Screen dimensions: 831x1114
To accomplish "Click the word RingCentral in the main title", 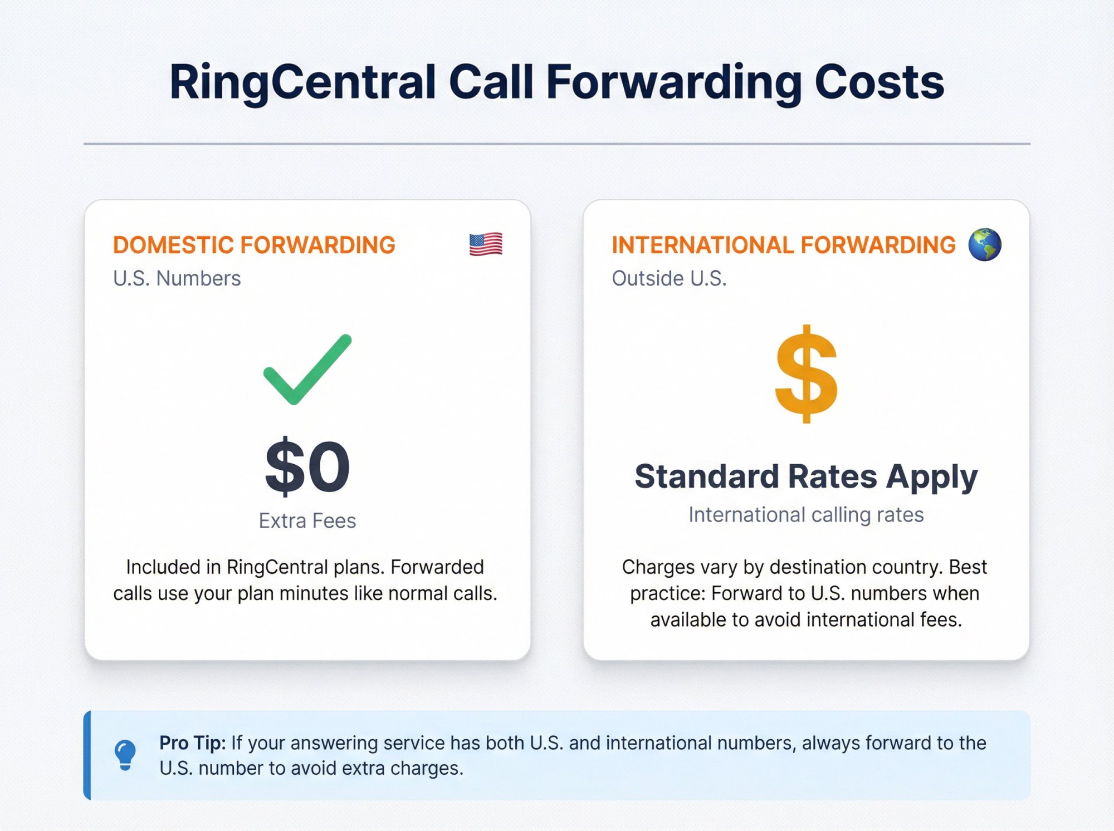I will [x=302, y=82].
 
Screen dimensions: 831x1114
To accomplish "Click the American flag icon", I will [x=486, y=244].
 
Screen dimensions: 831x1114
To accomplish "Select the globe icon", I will [x=984, y=244].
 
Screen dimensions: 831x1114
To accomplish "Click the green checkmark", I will [x=307, y=369].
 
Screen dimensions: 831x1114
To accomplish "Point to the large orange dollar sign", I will [x=806, y=374].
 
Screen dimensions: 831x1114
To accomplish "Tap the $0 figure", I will [x=307, y=466].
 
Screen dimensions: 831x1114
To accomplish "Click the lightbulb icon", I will [x=125, y=755].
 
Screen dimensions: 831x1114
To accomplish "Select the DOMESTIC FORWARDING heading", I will [x=254, y=245].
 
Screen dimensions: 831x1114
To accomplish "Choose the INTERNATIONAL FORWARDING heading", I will [x=783, y=245].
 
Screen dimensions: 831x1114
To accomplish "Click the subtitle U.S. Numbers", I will [x=177, y=278].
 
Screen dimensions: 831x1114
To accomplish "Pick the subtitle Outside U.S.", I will [x=669, y=278].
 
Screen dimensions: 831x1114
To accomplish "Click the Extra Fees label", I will [x=307, y=521].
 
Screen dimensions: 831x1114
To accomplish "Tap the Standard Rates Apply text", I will [x=806, y=477].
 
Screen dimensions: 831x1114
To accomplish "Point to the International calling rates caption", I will [x=806, y=515].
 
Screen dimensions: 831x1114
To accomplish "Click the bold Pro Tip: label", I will [x=192, y=743].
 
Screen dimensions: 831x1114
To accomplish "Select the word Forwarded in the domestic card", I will [x=437, y=567].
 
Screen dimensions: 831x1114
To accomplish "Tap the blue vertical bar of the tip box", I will [x=87, y=755].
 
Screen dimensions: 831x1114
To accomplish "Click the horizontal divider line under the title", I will [x=557, y=144].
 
